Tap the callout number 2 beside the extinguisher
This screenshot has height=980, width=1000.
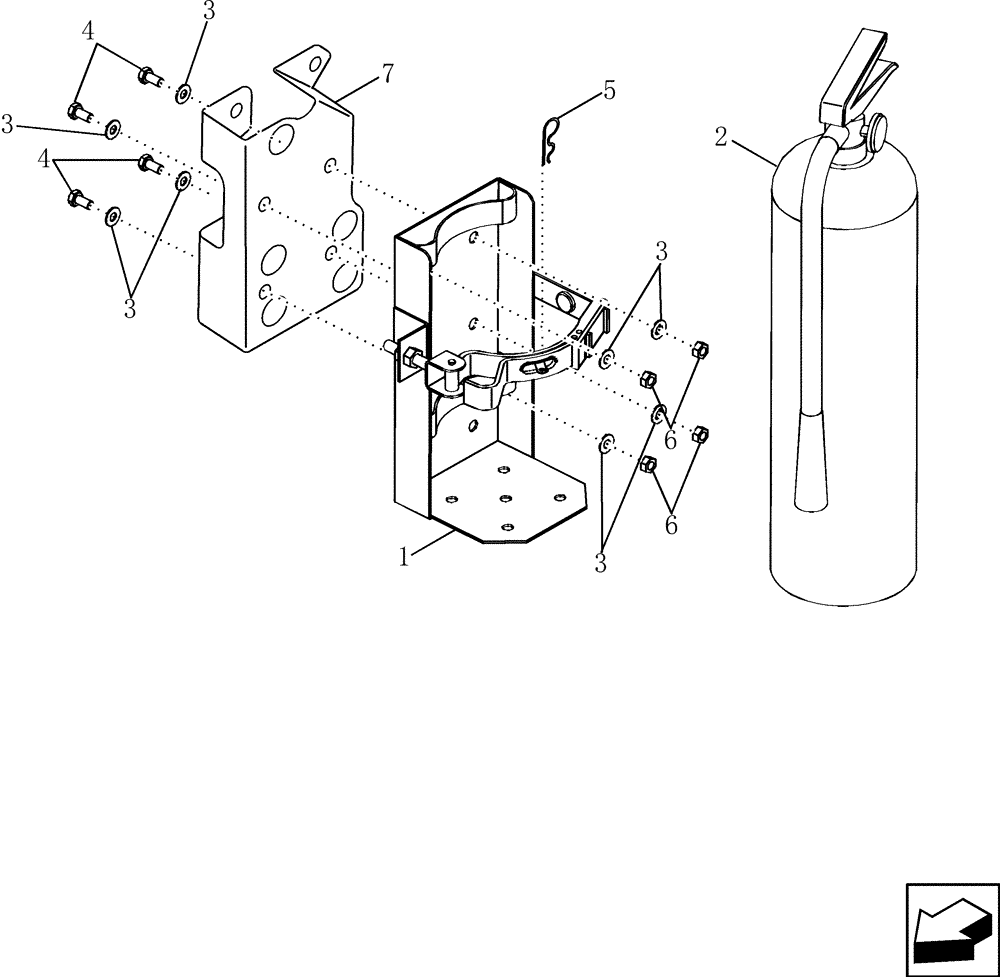[x=721, y=137]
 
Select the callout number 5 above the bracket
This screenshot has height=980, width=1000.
[x=609, y=91]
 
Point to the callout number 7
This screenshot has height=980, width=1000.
[x=386, y=72]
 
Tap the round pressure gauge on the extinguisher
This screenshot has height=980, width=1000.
[x=877, y=129]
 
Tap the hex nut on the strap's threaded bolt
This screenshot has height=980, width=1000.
[x=412, y=357]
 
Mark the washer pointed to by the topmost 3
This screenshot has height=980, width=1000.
[x=185, y=95]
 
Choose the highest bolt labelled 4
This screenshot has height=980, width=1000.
[x=148, y=73]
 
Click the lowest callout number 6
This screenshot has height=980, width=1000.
[x=670, y=524]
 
